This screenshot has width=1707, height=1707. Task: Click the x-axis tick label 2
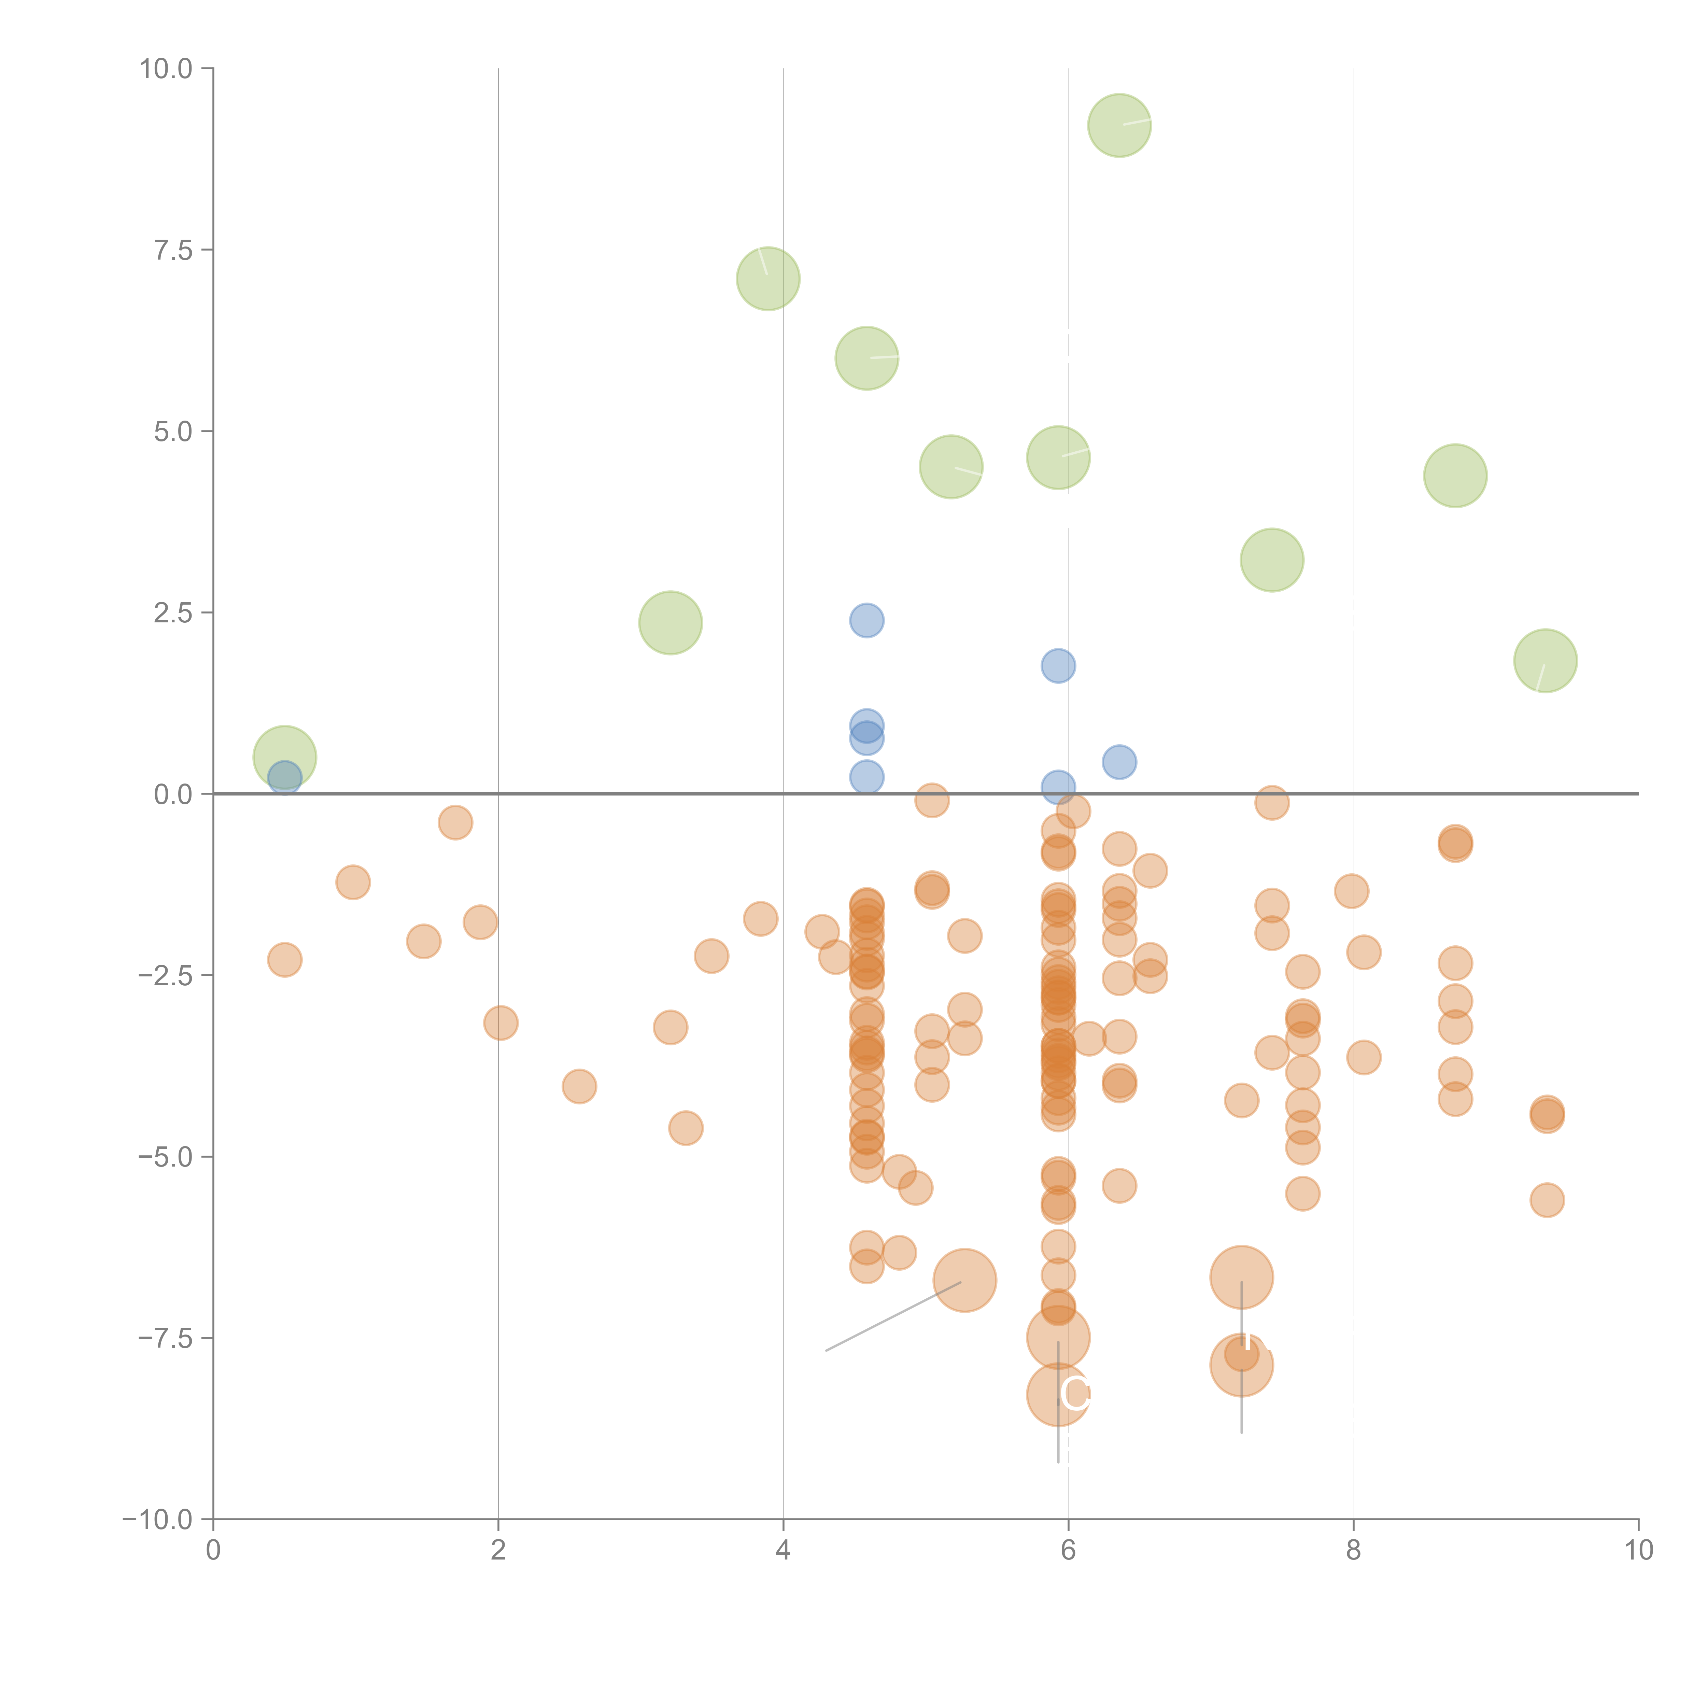pos(498,1551)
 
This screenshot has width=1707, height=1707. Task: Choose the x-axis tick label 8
pos(1354,1551)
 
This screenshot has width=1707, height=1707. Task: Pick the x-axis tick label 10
pos(1638,1551)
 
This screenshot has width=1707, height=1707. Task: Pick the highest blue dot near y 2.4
pos(867,620)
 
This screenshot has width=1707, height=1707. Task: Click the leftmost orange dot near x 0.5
pos(284,960)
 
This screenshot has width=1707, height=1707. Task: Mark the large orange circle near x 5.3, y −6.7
pos(965,1280)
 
